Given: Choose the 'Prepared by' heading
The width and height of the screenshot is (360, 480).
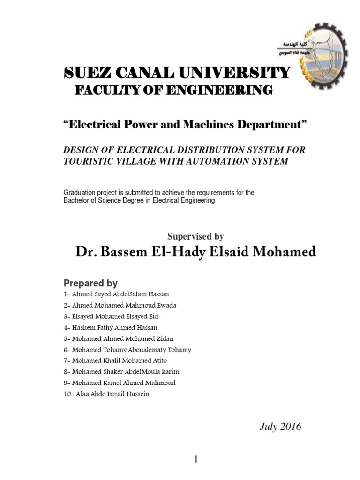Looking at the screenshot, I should click(x=90, y=283).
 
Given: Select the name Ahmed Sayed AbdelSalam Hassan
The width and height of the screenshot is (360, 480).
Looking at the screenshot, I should click(x=120, y=294).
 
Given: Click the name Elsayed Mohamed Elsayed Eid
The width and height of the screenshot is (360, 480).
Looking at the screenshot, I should click(x=119, y=316).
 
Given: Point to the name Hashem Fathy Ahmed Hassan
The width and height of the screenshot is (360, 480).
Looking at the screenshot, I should click(x=115, y=327).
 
